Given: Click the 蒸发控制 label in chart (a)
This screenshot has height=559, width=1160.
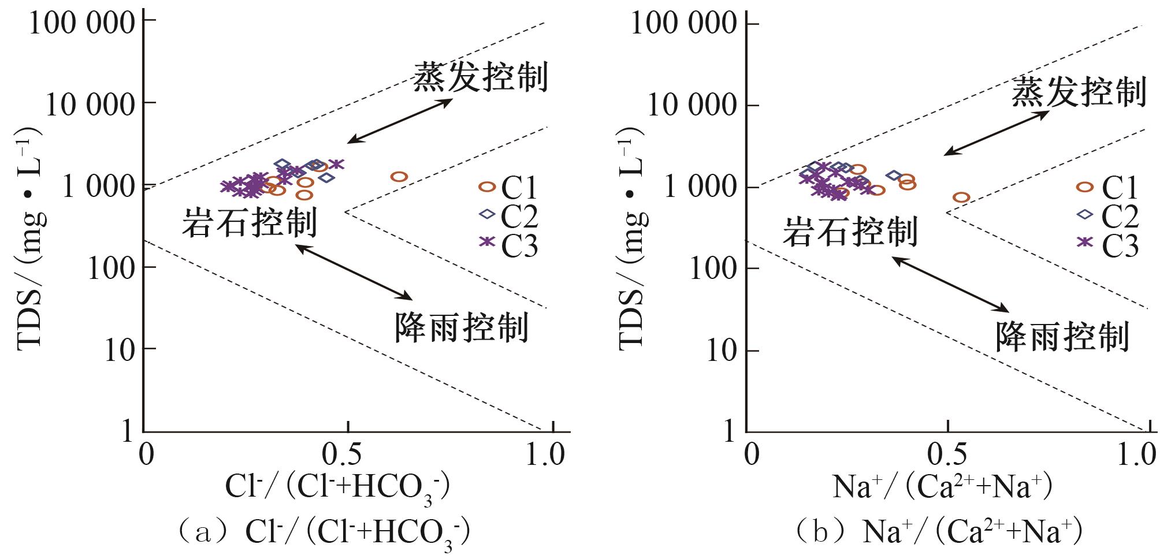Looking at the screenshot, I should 480,77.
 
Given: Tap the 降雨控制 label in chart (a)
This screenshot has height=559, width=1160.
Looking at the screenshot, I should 462,327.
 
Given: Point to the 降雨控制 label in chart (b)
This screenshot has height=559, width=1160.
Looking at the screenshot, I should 1062,336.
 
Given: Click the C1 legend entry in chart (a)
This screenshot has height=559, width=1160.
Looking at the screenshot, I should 508,187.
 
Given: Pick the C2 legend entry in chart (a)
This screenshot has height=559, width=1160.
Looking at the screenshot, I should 508,215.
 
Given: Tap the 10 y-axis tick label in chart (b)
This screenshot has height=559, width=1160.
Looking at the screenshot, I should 723,351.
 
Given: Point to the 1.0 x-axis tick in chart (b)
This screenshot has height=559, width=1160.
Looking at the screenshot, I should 1136,455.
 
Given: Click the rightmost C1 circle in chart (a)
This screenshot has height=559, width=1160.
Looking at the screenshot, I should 399,177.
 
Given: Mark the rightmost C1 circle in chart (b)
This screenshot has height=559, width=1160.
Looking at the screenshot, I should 961,197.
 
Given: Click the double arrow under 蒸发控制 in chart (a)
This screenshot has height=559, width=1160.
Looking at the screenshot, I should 400,121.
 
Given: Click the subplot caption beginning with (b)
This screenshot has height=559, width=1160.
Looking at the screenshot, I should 938,532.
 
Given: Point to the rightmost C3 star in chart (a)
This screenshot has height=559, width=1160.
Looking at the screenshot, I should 336,165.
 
